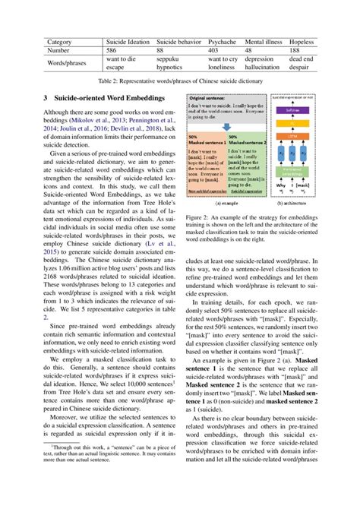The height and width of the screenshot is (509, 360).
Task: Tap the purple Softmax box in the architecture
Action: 292,109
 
